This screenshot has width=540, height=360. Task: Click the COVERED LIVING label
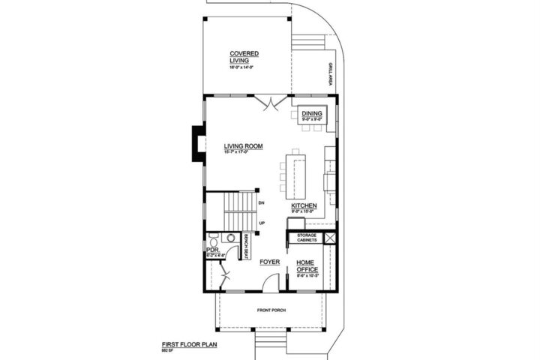tap(244, 58)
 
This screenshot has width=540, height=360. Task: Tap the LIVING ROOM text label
tap(243, 146)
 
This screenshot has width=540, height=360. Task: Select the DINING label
tap(311, 113)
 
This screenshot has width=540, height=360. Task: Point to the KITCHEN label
tap(304, 205)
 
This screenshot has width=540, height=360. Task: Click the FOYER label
tap(269, 262)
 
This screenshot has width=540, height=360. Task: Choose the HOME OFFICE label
tap(307, 265)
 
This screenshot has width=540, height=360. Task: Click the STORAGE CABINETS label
tap(308, 238)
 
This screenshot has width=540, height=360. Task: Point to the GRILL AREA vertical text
tap(329, 75)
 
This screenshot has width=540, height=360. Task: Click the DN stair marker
tap(261, 202)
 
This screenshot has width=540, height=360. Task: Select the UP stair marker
tap(262, 223)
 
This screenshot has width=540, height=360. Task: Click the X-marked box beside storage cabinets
tap(331, 238)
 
